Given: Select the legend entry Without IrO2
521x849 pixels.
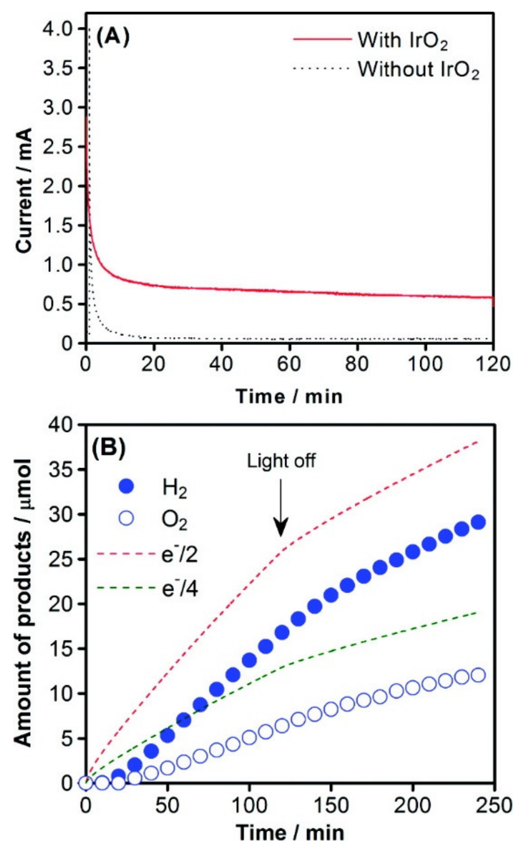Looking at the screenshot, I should coord(418,70).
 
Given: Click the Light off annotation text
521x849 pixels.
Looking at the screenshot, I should coord(281,461).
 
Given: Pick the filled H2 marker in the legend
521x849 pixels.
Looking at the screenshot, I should coord(127,487).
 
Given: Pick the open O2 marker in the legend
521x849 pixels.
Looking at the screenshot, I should coord(127,518).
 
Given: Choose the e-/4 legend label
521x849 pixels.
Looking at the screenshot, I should coord(180,589).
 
